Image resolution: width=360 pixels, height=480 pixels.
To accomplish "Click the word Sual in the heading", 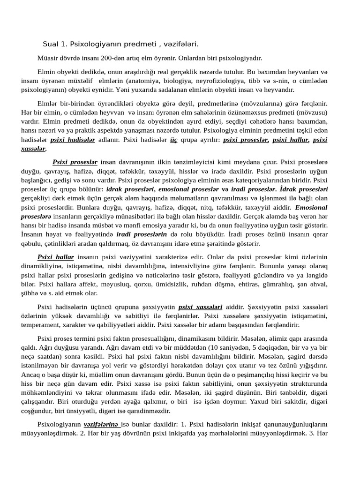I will point(50,44).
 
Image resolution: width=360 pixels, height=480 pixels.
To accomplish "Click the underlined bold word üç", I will point(173,140).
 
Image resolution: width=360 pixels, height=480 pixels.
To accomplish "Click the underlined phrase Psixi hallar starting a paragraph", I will point(56,257).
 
